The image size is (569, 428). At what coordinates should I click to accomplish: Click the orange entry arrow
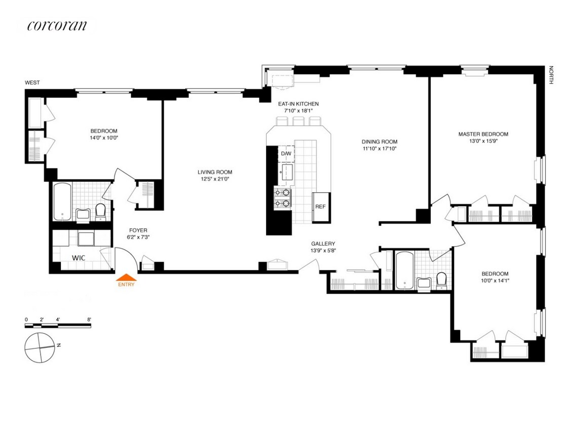[x=126, y=277]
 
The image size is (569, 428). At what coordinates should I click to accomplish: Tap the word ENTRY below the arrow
[x=126, y=284]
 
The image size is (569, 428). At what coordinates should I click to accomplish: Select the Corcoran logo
[x=57, y=26]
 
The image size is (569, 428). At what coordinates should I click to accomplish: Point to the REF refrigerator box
[x=320, y=207]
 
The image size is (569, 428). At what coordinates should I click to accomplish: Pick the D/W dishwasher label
[x=286, y=153]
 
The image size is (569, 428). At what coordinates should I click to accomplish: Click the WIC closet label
[x=78, y=258]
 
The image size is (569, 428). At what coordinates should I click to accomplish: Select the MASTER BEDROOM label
[x=483, y=134]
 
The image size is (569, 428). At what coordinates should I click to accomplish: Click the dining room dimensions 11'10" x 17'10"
[x=380, y=149]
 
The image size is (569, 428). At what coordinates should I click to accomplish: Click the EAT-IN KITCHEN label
[x=298, y=104]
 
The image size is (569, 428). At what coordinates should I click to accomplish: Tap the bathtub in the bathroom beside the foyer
[x=62, y=202]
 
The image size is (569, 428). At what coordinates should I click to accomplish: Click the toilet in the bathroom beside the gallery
[x=441, y=279]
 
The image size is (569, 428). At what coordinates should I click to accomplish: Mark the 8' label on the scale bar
[x=89, y=319]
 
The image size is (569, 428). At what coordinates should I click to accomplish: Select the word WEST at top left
[x=33, y=83]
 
